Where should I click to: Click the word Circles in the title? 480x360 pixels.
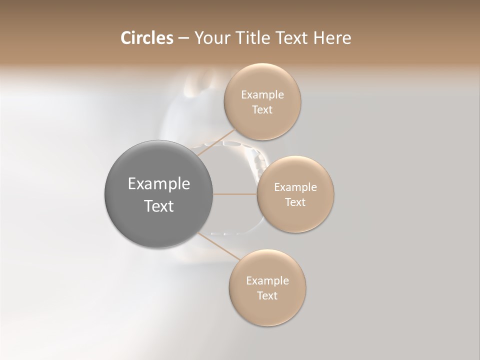tap(147, 38)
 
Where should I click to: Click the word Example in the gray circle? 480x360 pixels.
tap(159, 184)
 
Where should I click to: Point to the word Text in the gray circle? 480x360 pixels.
tap(159, 206)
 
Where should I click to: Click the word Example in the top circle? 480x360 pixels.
tap(262, 95)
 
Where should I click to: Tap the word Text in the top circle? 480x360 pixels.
tap(262, 110)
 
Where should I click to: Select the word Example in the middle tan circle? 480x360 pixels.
tap(295, 187)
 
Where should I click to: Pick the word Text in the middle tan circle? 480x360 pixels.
tap(295, 202)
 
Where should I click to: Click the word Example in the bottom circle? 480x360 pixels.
tap(267, 281)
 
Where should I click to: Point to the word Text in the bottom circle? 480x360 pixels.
tap(267, 296)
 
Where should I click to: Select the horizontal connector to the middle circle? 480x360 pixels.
tap(235, 194)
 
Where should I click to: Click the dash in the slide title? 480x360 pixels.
tap(183, 38)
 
